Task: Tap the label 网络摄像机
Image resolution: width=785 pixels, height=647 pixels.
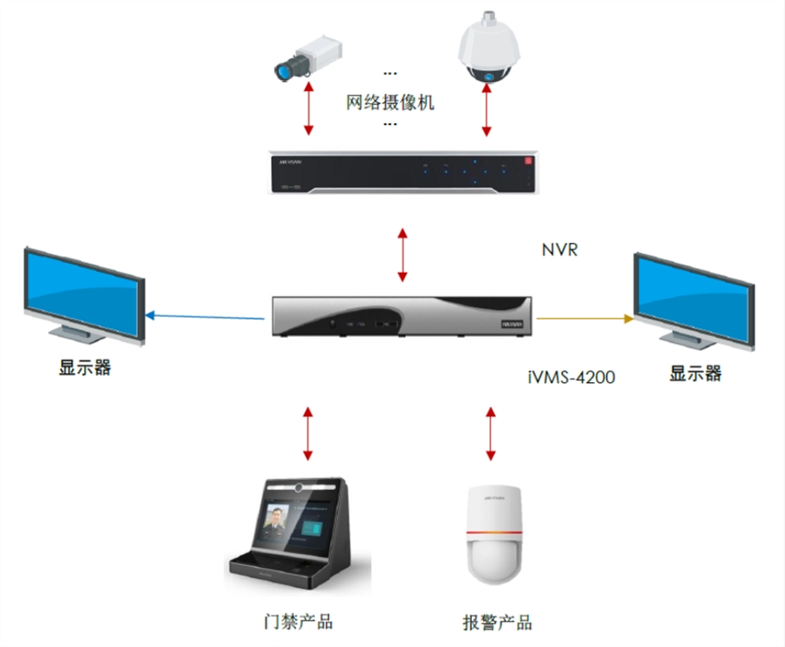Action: pyautogui.click(x=390, y=100)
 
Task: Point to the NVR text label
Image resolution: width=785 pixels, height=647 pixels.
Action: pyautogui.click(x=559, y=249)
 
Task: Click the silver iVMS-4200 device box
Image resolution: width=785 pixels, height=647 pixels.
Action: pyautogui.click(x=402, y=316)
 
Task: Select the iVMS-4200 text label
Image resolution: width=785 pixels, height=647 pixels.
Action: pyautogui.click(x=571, y=375)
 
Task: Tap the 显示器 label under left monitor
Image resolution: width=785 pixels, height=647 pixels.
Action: pyautogui.click(x=85, y=368)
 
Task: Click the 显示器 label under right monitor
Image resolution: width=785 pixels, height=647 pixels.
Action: pyautogui.click(x=696, y=372)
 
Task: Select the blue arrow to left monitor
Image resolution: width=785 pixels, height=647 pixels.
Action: pyautogui.click(x=206, y=317)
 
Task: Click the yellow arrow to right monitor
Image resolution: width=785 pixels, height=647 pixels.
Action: pyautogui.click(x=584, y=318)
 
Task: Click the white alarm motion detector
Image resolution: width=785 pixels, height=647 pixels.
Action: pyautogui.click(x=493, y=534)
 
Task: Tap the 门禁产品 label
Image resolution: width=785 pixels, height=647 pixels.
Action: pyautogui.click(x=293, y=621)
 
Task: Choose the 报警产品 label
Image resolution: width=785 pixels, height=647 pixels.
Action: pyautogui.click(x=497, y=623)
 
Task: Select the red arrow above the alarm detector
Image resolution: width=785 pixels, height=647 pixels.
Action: pyautogui.click(x=492, y=433)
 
